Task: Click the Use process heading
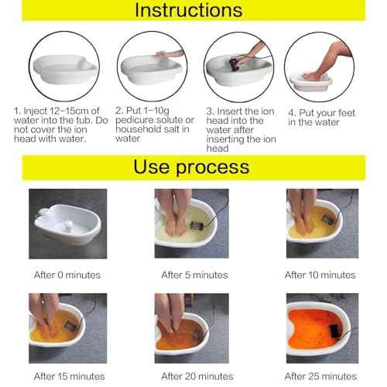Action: pos(192,166)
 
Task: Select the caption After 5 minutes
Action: pos(194,275)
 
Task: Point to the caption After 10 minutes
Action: pos(320,275)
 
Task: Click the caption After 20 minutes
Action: pos(194,375)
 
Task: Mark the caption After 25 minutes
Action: pos(320,375)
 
